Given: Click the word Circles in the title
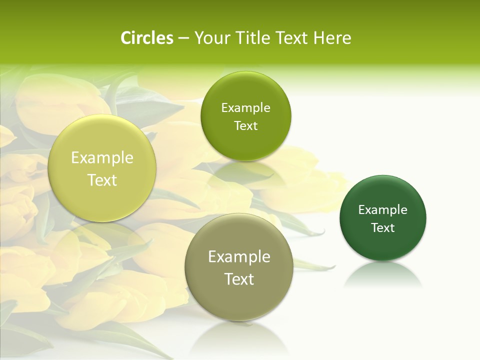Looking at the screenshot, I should pyautogui.click(x=146, y=38).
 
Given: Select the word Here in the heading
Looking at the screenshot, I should pyautogui.click(x=332, y=38).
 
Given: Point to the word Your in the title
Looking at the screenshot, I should pyautogui.click(x=210, y=38).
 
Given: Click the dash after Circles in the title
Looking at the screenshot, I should pyautogui.click(x=183, y=38).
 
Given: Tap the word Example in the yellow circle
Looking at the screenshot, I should pyautogui.click(x=102, y=158).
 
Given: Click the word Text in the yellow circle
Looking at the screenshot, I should pyautogui.click(x=102, y=180).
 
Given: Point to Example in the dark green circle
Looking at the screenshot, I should pyautogui.click(x=383, y=209).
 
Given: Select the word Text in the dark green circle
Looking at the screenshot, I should pyautogui.click(x=383, y=228).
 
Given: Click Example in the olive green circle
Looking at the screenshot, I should pyautogui.click(x=245, y=107).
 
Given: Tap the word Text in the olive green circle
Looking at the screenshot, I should pyautogui.click(x=245, y=125).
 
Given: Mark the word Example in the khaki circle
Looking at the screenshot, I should pyautogui.click(x=239, y=257).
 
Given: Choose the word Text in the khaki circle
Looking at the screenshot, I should pyautogui.click(x=239, y=279).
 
